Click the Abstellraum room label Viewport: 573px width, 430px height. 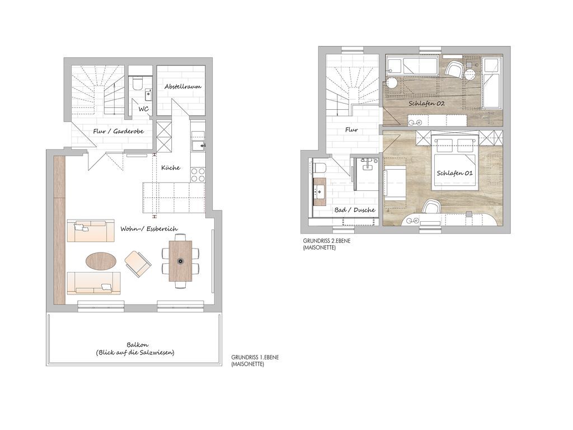click(183, 87)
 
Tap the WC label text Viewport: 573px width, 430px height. click(144, 109)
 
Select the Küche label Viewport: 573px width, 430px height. click(171, 168)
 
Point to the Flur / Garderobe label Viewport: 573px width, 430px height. click(119, 131)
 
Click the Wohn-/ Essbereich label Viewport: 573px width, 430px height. click(149, 229)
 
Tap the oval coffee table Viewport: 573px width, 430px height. click(101, 261)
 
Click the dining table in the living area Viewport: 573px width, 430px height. click(181, 261)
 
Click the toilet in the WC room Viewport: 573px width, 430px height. click(138, 83)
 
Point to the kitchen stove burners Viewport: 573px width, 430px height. click(198, 174)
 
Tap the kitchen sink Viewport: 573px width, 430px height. click(198, 146)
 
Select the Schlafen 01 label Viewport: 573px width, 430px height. click(454, 173)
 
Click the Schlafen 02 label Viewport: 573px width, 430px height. click(426, 104)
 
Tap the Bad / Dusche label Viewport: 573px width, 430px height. click(354, 210)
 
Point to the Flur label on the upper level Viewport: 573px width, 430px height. click(351, 129)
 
